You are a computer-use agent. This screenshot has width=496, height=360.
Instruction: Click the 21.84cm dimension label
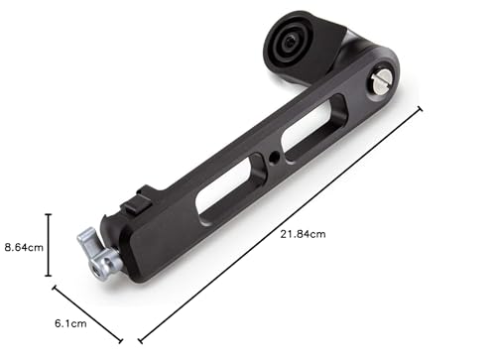coord(303,234)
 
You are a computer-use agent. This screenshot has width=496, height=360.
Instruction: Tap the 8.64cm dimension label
coord(24,247)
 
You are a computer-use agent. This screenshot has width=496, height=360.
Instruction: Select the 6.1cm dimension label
coord(70,323)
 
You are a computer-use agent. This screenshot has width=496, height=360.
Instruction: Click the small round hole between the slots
coord(274,159)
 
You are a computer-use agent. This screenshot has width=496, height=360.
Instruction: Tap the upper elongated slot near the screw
coord(313,128)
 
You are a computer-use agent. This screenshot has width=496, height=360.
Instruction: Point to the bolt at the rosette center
coord(291,42)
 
